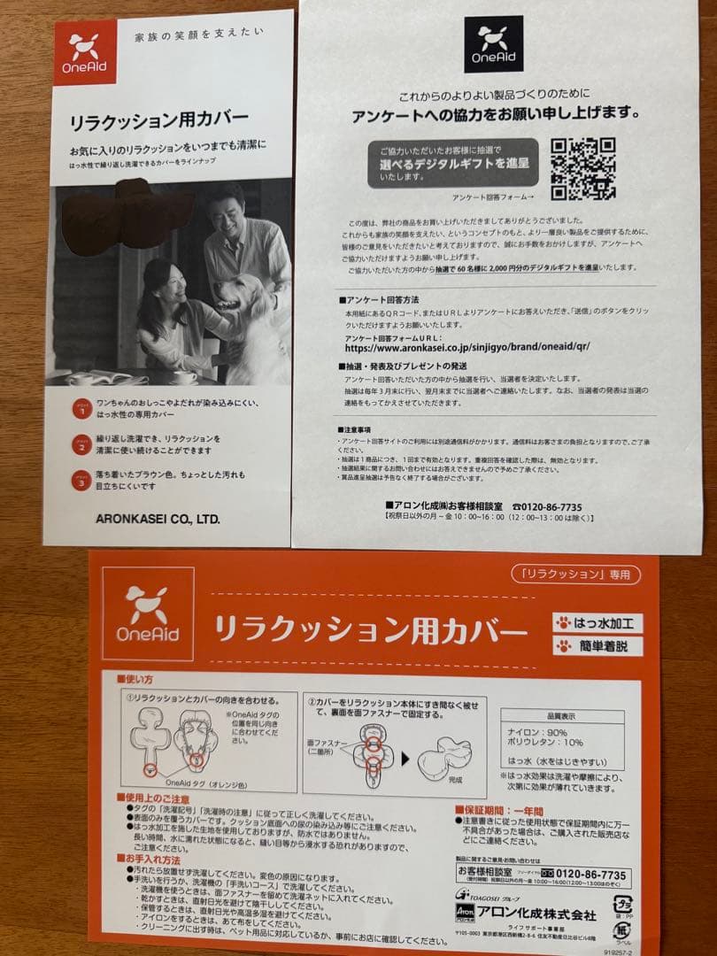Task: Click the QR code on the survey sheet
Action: tap(583, 167)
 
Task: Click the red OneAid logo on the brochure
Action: tap(85, 53)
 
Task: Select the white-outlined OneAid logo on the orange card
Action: tap(148, 614)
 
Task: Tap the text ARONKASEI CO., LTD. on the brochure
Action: tap(157, 519)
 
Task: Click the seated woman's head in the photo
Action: tap(162, 281)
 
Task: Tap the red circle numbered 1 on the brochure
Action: tap(81, 409)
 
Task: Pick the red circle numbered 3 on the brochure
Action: tap(81, 481)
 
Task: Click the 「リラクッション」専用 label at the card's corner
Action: tap(575, 574)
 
